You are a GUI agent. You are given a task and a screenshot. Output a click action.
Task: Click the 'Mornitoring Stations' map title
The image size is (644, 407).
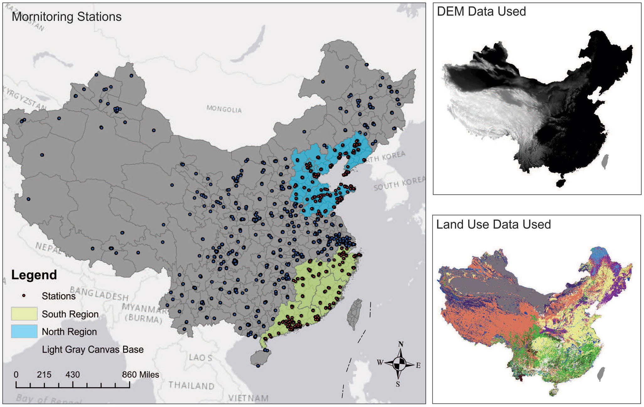click(x=67, y=17)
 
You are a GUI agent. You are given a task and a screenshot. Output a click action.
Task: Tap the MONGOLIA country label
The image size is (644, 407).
click(x=224, y=109)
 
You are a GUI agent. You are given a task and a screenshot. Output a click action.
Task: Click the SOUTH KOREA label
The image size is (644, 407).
click(x=399, y=183)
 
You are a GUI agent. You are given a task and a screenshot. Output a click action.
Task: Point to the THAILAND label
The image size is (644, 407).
click(x=191, y=385)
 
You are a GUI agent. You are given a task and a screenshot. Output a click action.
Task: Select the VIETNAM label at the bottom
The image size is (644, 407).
click(x=248, y=398)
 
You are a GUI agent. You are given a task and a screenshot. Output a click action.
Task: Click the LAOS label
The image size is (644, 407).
click(x=200, y=357)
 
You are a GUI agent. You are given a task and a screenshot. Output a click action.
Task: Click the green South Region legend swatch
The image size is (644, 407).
click(x=24, y=314)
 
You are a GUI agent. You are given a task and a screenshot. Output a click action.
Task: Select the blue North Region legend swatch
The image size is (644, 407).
click(x=24, y=331)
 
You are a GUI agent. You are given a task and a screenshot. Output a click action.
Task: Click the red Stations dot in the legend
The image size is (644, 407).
click(x=24, y=296)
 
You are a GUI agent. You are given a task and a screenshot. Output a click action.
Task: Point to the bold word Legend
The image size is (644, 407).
click(x=34, y=275)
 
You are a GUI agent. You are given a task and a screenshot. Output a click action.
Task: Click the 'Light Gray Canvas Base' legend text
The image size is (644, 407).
click(x=93, y=349)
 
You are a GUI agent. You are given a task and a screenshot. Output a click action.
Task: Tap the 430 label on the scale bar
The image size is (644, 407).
click(x=72, y=374)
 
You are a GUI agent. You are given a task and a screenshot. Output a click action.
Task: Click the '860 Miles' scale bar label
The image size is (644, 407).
click(x=140, y=374)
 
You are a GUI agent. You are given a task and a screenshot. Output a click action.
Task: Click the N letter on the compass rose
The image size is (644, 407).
click(x=401, y=344)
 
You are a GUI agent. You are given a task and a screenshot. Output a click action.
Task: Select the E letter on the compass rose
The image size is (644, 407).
click(x=418, y=365)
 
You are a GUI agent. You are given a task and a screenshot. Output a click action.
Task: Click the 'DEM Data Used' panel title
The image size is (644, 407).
click(x=481, y=12)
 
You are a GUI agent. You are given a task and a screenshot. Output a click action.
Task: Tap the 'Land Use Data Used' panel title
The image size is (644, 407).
click(x=493, y=225)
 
